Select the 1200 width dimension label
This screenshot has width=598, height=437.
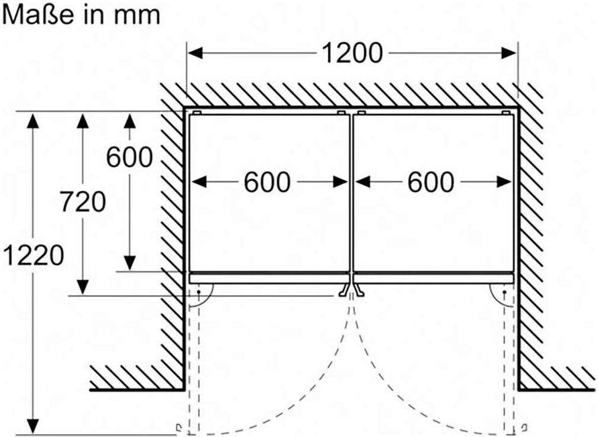[x=352, y=53]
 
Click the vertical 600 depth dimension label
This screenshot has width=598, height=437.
[x=129, y=157]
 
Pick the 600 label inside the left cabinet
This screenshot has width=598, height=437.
[x=267, y=182]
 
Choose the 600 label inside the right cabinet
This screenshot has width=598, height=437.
[x=431, y=182]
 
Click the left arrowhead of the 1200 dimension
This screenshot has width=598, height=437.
[x=195, y=53]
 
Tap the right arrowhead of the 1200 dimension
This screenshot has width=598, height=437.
[x=509, y=53]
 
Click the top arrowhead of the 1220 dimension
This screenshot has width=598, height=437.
[x=33, y=120]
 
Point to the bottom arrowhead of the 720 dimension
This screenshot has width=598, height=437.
[x=83, y=287]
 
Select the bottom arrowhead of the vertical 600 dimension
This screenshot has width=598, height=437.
[x=130, y=263]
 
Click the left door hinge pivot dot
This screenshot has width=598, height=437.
[x=199, y=292]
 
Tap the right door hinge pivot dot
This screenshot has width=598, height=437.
[x=504, y=292]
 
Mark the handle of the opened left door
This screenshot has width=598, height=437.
[x=179, y=427]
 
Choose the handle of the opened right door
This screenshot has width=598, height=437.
[x=525, y=427]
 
